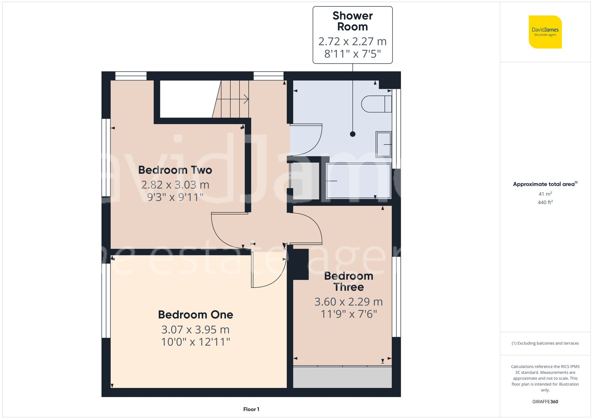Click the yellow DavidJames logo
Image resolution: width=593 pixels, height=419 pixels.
[x=545, y=32]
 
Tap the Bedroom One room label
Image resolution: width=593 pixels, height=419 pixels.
[x=195, y=315]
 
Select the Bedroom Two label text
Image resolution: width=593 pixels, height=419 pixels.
[x=175, y=170]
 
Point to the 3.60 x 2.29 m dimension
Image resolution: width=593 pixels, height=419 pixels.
[x=348, y=302]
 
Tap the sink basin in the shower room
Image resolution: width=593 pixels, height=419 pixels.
[x=384, y=144]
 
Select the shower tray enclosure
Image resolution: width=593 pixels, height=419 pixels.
[x=358, y=181]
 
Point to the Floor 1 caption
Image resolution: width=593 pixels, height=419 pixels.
[x=251, y=409]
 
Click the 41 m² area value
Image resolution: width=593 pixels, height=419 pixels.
[x=545, y=194]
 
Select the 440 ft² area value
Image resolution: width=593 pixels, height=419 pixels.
[x=545, y=202]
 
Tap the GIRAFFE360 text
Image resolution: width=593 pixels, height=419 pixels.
[x=545, y=402]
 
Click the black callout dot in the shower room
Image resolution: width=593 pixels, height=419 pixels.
[x=353, y=134]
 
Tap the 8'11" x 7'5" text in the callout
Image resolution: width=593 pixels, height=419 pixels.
[x=352, y=54]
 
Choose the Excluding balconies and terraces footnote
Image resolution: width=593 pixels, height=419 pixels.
[x=545, y=343]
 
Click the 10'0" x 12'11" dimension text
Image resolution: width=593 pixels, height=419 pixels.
[x=195, y=342]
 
